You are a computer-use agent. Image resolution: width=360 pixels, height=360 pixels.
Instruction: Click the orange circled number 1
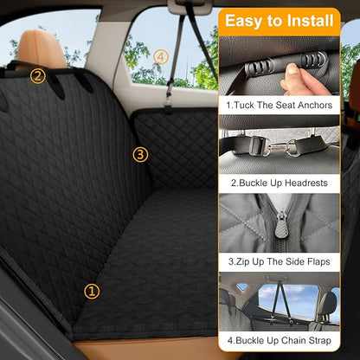(92, 292)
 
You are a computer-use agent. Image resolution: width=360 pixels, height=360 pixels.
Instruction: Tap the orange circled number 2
(37, 75)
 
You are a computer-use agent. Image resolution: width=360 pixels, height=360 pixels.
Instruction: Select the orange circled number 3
(141, 155)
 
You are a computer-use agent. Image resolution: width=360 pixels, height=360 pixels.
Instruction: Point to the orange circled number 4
(160, 56)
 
